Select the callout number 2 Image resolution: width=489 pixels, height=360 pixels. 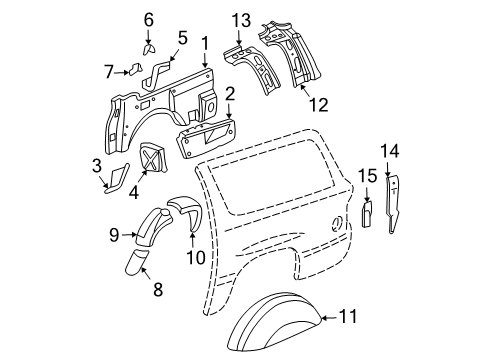[x=229, y=95]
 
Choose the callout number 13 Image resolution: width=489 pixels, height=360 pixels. [x=239, y=21]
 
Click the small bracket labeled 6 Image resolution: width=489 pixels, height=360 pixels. [x=151, y=48]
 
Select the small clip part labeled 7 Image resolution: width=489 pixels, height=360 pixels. [x=130, y=70]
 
